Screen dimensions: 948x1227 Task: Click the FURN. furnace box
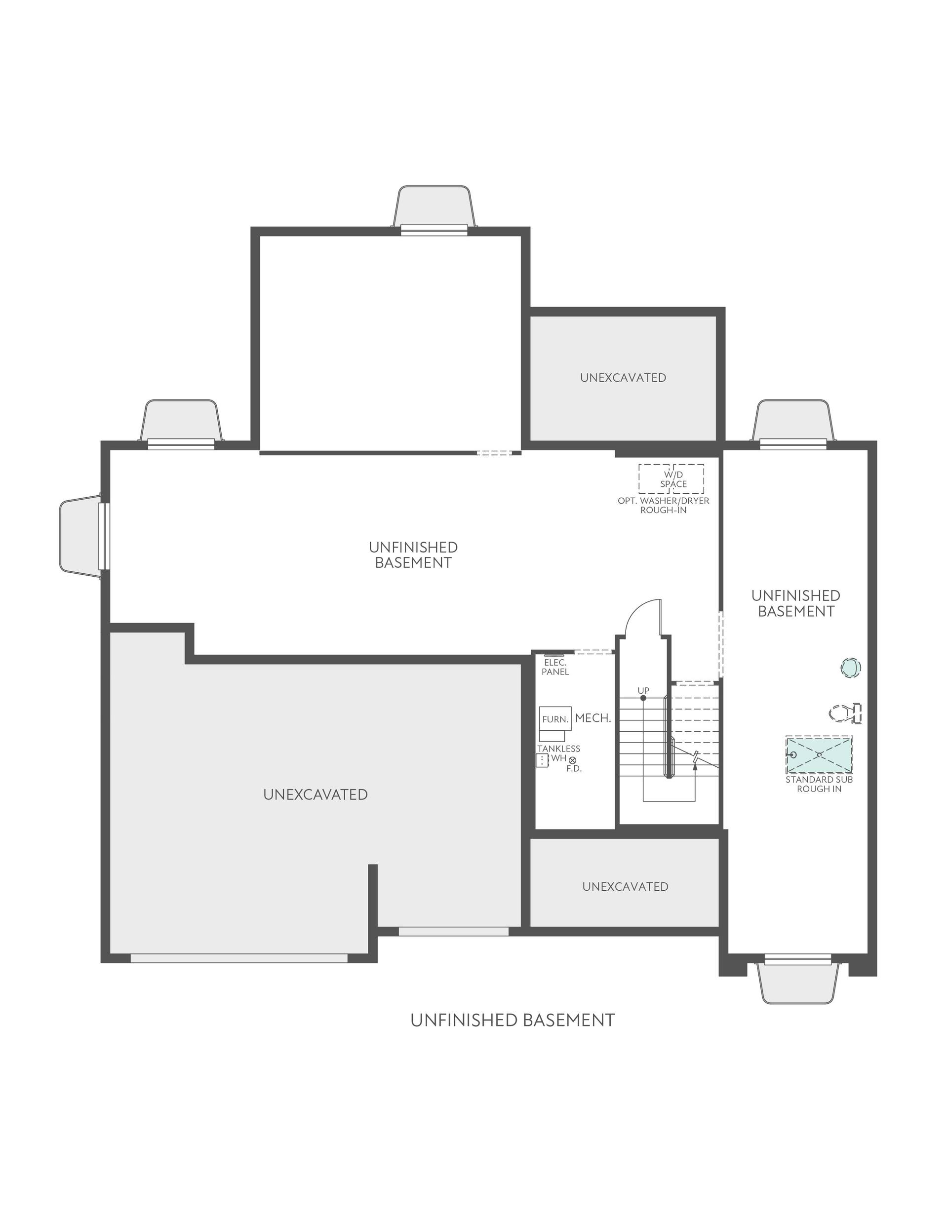554,718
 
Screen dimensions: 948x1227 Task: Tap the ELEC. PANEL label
555,668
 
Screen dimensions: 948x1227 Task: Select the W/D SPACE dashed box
671,478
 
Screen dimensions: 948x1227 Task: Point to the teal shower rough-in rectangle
819,755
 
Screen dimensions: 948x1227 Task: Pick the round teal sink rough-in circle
850,668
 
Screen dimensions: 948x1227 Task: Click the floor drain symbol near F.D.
572,760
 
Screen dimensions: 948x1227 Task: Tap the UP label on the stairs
643,690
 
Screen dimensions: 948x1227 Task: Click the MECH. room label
593,718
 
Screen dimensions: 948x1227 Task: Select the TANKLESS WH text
558,753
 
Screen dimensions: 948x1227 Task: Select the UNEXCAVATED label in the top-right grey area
623,378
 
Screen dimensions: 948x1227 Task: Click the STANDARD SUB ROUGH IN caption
819,784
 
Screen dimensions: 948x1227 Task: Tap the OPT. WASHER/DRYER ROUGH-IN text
663,505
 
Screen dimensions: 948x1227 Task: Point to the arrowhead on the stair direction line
695,767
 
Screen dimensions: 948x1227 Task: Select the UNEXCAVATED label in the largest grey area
315,794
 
